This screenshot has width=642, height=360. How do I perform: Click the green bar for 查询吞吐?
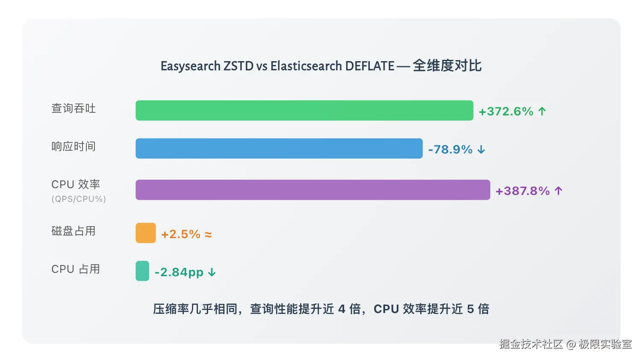tap(304, 110)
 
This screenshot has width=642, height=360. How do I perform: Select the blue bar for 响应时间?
tap(279, 148)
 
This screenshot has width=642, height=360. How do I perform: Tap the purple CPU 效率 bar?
tap(312, 190)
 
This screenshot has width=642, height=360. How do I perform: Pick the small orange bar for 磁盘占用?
tap(146, 233)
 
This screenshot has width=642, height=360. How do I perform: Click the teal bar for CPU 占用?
tap(142, 271)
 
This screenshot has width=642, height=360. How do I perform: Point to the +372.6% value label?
tap(506, 112)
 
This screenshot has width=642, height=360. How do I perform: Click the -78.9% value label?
tap(450, 150)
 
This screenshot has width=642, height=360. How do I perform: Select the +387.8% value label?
tap(522, 191)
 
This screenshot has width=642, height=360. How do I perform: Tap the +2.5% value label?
tap(180, 234)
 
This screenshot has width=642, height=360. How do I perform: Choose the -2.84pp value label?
tap(179, 272)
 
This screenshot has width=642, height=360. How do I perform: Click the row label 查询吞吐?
tap(74, 109)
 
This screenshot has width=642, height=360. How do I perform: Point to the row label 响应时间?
tap(74, 147)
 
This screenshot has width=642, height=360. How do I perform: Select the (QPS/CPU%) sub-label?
tap(79, 199)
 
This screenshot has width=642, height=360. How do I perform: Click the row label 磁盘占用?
tap(74, 231)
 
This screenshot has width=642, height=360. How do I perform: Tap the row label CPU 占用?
tap(76, 269)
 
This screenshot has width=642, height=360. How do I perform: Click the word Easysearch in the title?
tap(191, 66)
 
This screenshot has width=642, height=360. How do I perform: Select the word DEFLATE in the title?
tap(369, 66)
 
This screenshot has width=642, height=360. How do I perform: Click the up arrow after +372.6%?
tap(542, 112)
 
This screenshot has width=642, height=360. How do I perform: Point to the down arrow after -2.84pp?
tap(212, 272)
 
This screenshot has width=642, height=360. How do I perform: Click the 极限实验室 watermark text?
tap(605, 344)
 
